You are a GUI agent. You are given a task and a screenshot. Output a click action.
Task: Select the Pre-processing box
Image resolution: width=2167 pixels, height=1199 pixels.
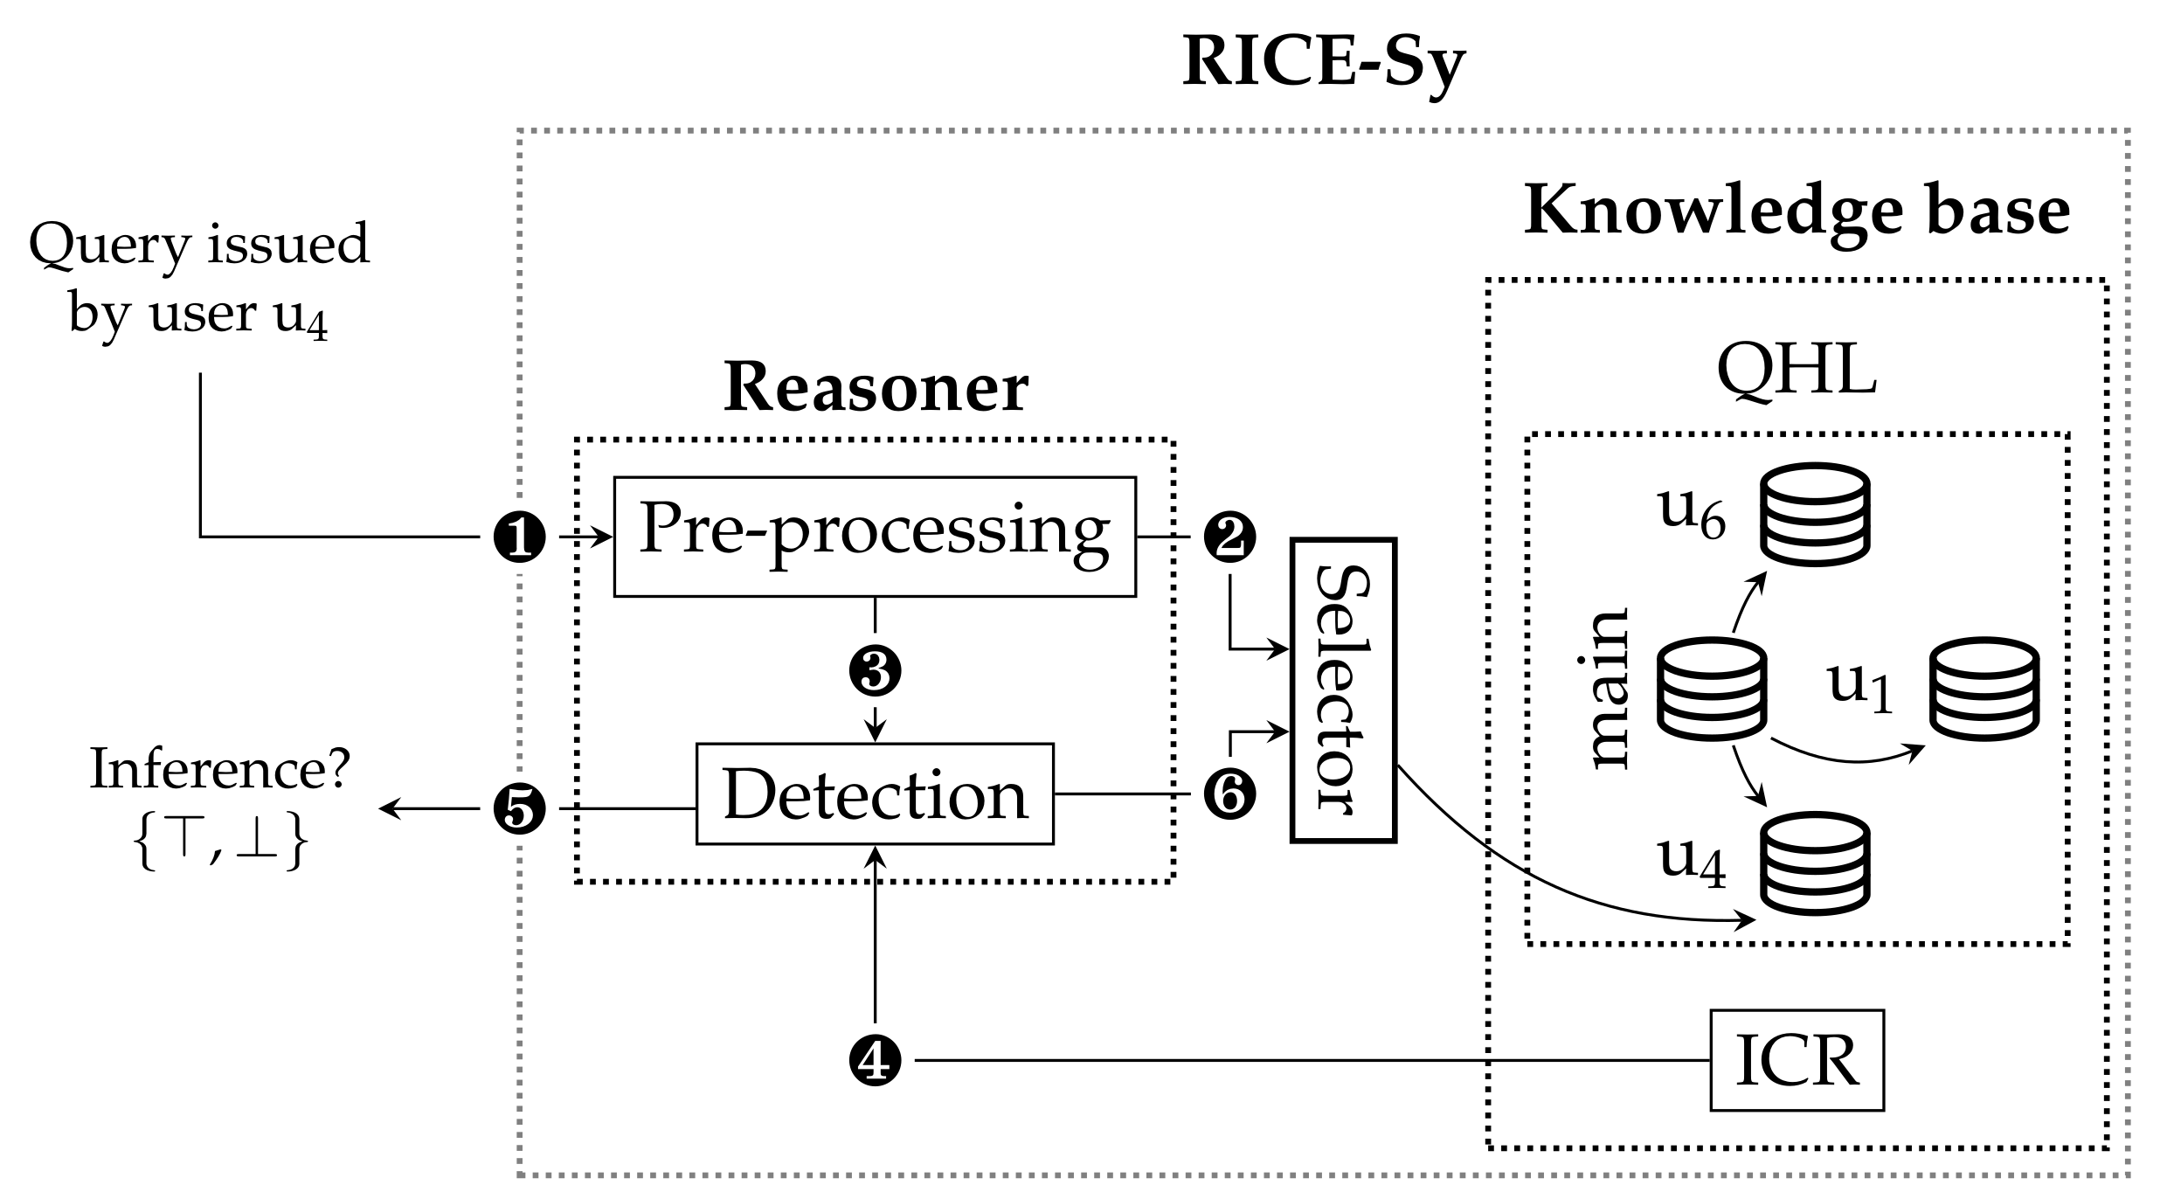click(875, 536)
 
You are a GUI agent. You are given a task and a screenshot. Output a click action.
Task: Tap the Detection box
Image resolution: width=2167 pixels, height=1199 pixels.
click(875, 794)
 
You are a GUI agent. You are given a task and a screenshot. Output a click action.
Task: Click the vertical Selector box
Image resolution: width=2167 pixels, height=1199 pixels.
click(1343, 690)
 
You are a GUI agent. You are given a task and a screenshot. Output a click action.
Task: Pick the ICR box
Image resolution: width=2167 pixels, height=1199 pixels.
click(1797, 1060)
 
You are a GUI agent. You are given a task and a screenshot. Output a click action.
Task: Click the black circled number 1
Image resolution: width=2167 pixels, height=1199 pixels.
click(520, 537)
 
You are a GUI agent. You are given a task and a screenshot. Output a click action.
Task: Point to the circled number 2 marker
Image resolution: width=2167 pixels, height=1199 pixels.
click(1229, 537)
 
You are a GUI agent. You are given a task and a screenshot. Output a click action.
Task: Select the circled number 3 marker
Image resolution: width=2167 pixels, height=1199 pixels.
click(875, 671)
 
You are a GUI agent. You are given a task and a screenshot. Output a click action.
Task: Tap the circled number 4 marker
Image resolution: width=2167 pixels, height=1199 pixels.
click(875, 1060)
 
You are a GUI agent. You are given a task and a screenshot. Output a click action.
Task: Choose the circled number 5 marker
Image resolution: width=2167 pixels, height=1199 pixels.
click(520, 808)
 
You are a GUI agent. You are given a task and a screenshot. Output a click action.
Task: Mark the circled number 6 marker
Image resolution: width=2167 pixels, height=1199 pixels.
click(1229, 794)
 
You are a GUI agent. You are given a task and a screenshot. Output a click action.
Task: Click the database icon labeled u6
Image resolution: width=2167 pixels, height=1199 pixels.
click(1815, 514)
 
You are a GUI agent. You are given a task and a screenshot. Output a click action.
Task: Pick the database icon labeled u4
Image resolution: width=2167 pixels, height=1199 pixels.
click(1815, 862)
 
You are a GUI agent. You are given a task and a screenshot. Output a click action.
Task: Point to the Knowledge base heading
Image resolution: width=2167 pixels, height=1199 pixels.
click(1797, 211)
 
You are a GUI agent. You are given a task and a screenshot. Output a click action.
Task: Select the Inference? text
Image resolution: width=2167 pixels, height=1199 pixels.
click(219, 770)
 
